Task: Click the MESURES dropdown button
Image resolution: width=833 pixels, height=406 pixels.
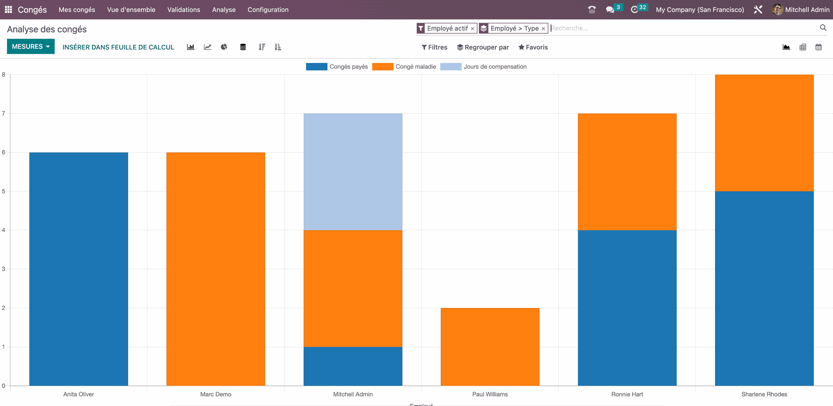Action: (30, 46)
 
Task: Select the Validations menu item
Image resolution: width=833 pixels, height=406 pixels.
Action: (184, 10)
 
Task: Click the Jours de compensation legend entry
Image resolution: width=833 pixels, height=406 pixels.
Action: (483, 66)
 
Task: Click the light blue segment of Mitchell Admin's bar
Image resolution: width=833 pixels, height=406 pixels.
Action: (353, 172)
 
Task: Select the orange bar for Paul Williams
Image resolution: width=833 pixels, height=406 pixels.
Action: (490, 347)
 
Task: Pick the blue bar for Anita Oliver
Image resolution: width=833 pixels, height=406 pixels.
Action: (79, 269)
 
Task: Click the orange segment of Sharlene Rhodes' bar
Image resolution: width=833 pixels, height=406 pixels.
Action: (764, 133)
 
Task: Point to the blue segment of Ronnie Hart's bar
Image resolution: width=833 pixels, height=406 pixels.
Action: (627, 307)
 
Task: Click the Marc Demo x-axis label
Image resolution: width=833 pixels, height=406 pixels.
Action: (216, 394)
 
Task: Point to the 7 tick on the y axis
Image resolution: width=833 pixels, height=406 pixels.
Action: (3, 113)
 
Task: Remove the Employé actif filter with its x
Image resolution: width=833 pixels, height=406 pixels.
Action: (472, 29)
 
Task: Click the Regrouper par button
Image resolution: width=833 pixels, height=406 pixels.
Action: (483, 47)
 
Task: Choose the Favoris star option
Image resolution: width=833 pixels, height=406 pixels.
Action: (533, 47)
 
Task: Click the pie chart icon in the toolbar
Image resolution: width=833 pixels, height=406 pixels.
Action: (224, 47)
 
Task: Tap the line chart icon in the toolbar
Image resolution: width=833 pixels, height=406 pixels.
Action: (207, 47)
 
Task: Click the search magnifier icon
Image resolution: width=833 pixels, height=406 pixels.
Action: (823, 28)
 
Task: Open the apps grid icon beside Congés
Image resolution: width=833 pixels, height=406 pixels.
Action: (8, 10)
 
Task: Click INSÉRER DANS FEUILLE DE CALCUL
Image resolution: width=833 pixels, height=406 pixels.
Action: (118, 47)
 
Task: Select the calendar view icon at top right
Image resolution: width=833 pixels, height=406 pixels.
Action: (818, 47)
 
